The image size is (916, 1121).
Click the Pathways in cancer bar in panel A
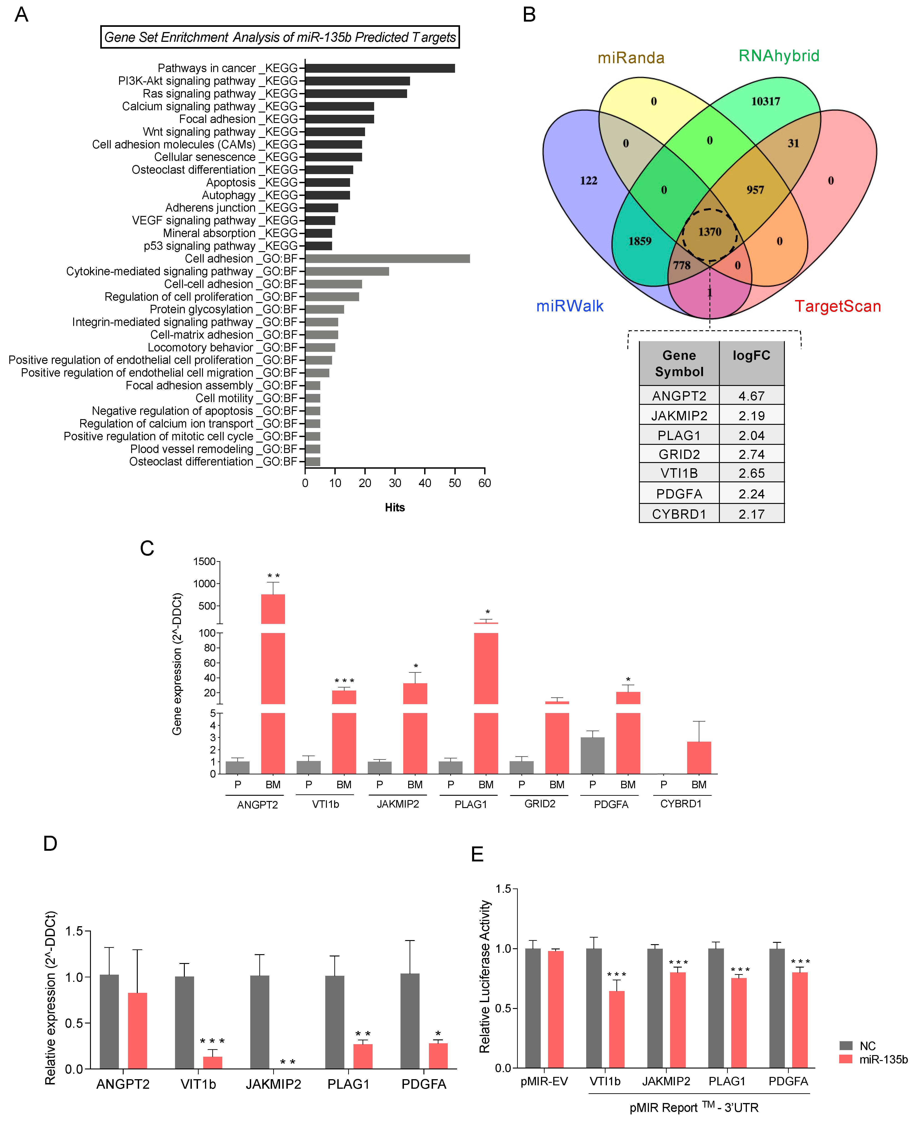tap(380, 68)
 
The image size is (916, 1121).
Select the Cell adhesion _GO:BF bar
tap(387, 258)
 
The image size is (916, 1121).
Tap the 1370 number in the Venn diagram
tap(710, 232)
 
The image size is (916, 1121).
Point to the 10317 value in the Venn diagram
tap(766, 101)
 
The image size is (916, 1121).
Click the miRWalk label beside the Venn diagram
tap(570, 306)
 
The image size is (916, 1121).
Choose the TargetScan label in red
tap(838, 306)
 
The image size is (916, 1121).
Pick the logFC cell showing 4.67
tap(751, 396)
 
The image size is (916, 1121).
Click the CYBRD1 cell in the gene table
tap(679, 514)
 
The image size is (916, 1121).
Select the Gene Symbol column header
tap(679, 363)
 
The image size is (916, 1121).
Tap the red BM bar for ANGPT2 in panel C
tap(273, 686)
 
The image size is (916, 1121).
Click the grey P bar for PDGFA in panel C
tap(593, 756)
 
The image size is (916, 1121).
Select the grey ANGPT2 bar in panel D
tap(109, 1021)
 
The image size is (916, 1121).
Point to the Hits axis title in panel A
tap(395, 508)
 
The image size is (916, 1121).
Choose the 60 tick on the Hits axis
tap(484, 483)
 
